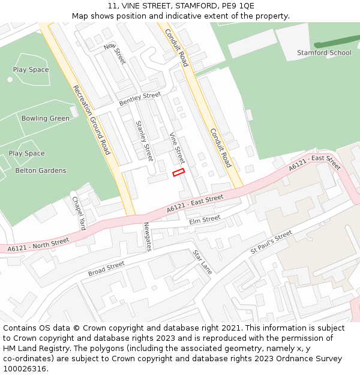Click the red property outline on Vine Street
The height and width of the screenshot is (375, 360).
point(178,173)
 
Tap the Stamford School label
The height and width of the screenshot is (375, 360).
point(324,53)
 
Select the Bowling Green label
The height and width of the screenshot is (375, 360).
point(46,118)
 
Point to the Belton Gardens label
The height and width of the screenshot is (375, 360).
point(41,170)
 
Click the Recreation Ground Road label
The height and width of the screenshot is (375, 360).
point(92,119)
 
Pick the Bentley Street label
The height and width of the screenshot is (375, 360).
point(140,100)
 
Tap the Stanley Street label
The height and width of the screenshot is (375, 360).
point(144,140)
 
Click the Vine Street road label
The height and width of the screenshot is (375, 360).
point(177,148)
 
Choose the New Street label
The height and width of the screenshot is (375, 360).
point(115,54)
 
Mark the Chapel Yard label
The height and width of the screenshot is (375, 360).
point(79,213)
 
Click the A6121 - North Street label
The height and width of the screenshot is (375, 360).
point(38,245)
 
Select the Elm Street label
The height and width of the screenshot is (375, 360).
point(205,220)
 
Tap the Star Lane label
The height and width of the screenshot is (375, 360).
point(202,262)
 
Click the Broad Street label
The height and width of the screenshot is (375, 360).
point(106,269)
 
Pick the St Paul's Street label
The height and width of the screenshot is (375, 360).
point(271,241)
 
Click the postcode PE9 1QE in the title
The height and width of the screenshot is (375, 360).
point(238,6)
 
